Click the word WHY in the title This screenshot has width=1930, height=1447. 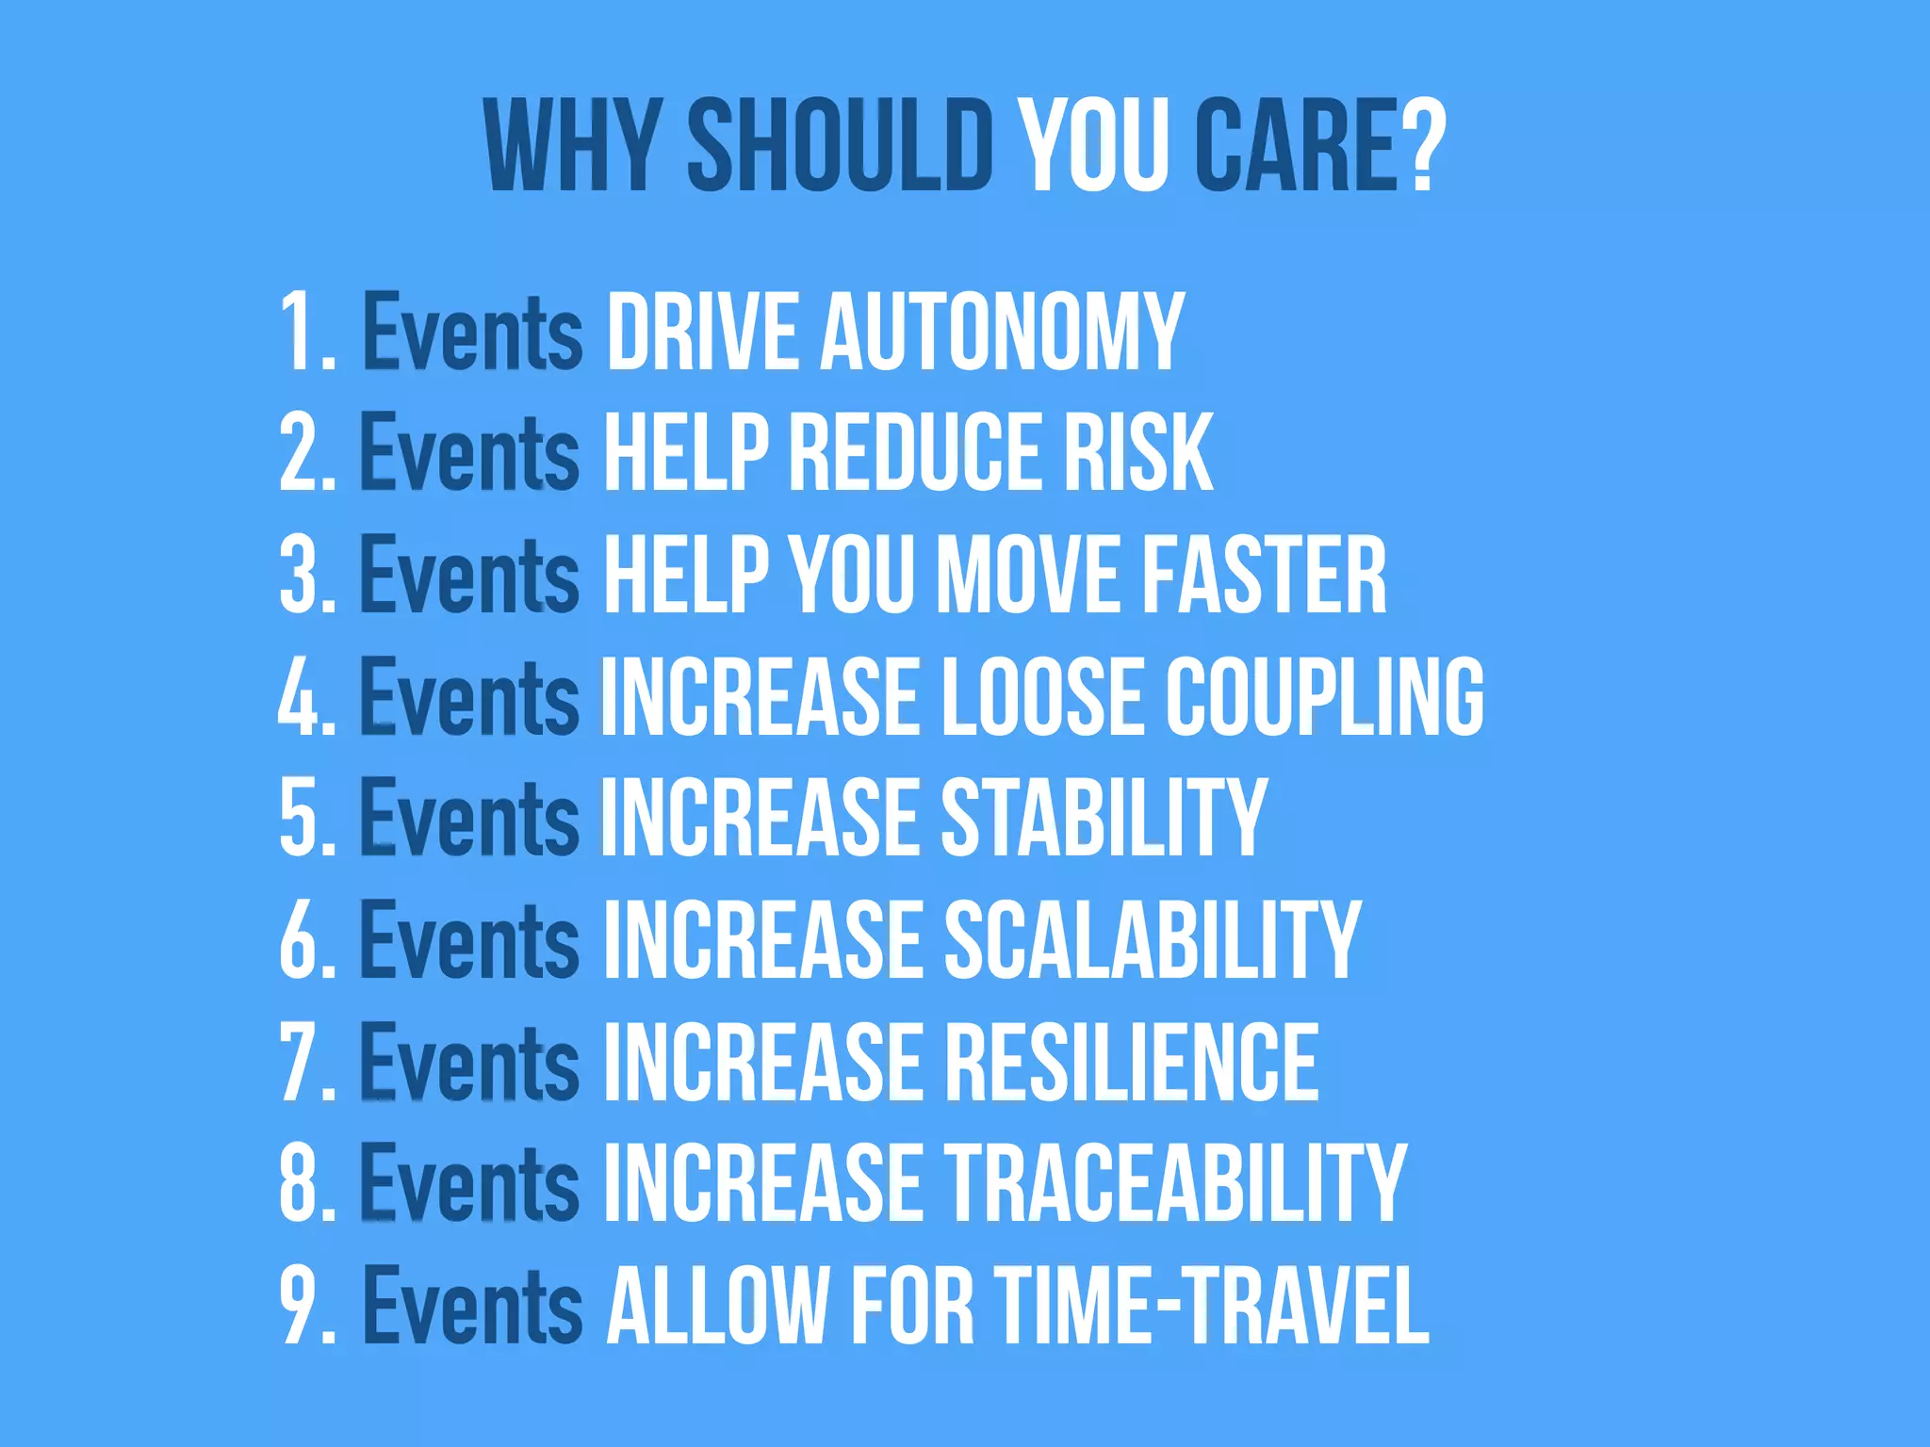point(571,146)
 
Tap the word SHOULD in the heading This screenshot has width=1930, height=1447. point(840,146)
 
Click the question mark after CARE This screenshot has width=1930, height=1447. point(1423,146)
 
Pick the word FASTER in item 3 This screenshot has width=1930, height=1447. point(1264,574)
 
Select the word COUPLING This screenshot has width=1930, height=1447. point(1324,696)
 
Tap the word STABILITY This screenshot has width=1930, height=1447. point(1104,818)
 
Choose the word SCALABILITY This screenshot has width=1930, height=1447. point(1152,939)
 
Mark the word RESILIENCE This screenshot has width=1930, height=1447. point(1131,1062)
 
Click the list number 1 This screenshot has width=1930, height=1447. point(300,332)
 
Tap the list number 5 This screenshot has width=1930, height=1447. point(300,818)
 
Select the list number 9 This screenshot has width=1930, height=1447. point(300,1306)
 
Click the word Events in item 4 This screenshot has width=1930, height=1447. point(469,696)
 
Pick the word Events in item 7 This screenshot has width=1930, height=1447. point(469,1062)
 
